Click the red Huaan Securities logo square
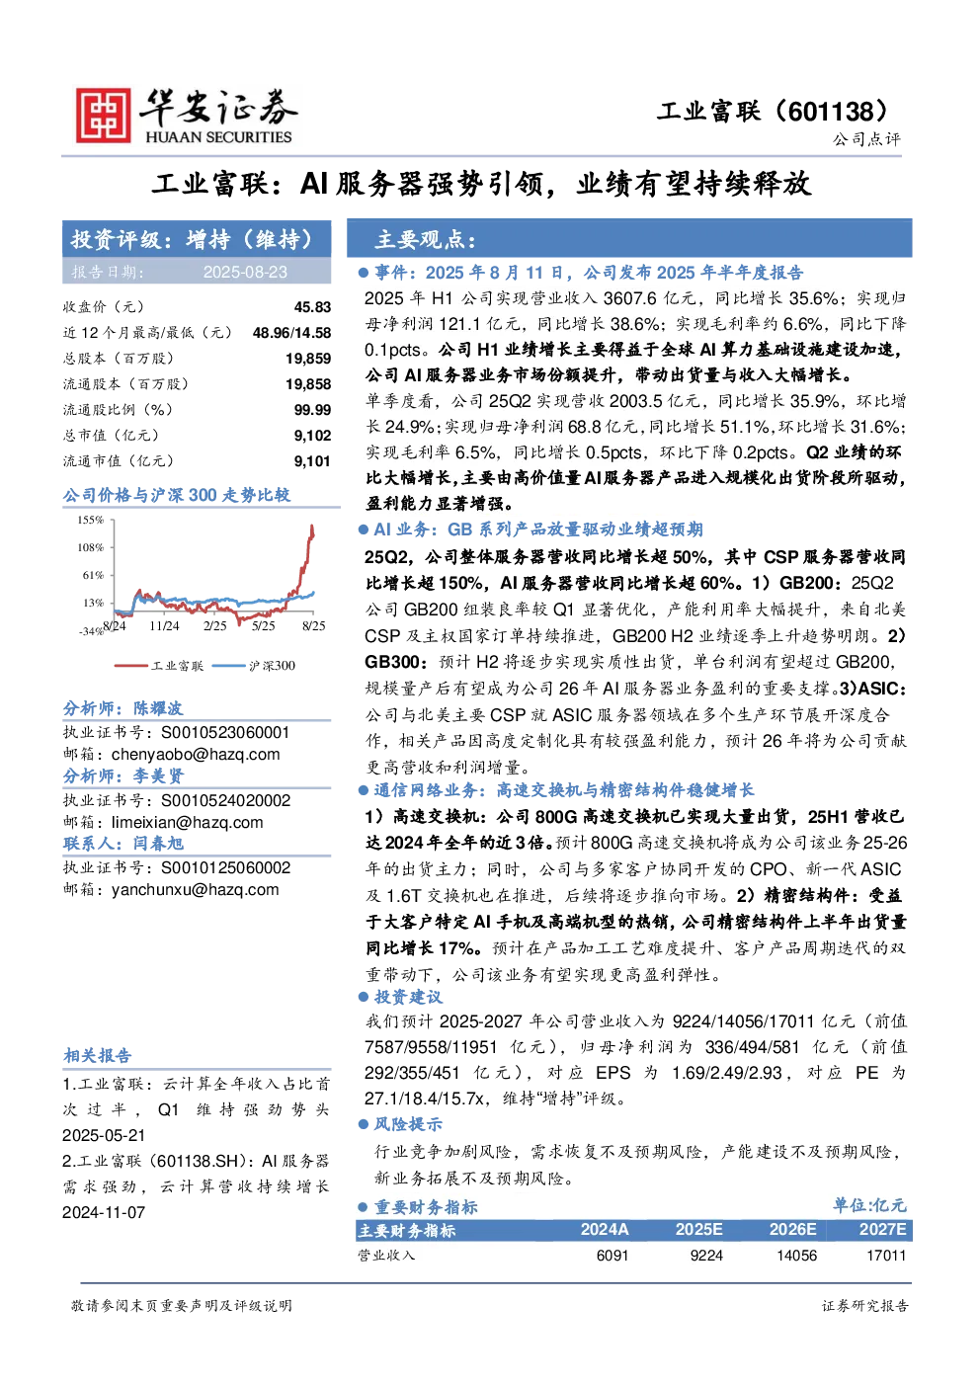(x=104, y=115)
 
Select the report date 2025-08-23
(x=245, y=273)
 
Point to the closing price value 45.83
(x=312, y=307)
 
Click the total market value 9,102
(x=312, y=436)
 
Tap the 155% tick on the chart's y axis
(x=90, y=520)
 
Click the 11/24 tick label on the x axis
(x=164, y=626)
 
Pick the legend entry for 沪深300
(x=254, y=666)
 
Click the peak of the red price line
(x=312, y=526)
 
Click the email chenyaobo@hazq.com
(x=196, y=755)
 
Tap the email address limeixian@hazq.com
(x=188, y=822)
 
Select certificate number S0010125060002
(x=226, y=867)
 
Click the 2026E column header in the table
(x=792, y=1229)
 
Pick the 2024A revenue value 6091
(x=612, y=1256)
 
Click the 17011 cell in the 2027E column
(x=886, y=1256)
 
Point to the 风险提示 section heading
(x=408, y=1124)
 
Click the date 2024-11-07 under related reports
(x=104, y=1212)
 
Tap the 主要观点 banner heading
(x=426, y=239)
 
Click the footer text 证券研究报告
(x=865, y=1306)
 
